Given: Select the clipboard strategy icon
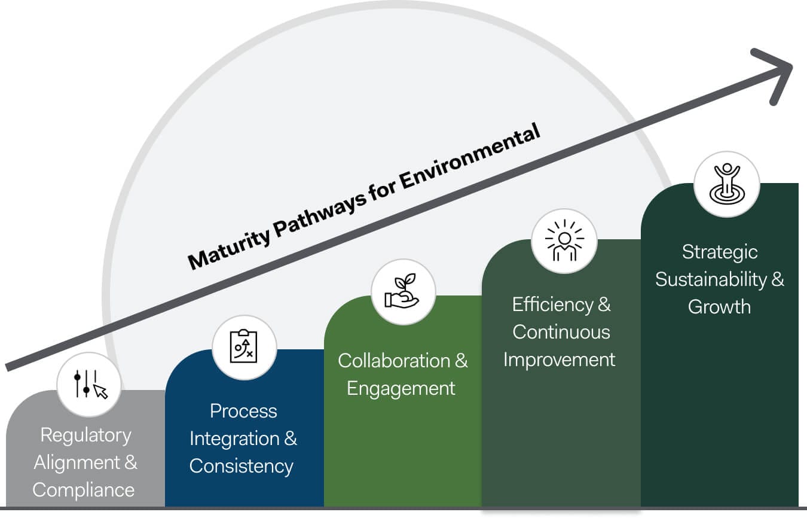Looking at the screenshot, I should coord(244,347).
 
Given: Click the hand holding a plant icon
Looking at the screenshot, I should coord(403,292).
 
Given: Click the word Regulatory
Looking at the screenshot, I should coord(85,435).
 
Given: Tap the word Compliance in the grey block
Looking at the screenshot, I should coord(84,490).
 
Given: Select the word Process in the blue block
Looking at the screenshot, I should coord(243,411).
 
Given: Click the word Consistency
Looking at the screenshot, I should coord(242,466).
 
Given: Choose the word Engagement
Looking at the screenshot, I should coord(401,388).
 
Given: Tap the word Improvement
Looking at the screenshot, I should coord(559,359).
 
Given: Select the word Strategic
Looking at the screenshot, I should coord(720,252).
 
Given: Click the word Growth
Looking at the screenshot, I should coord(719,307).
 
